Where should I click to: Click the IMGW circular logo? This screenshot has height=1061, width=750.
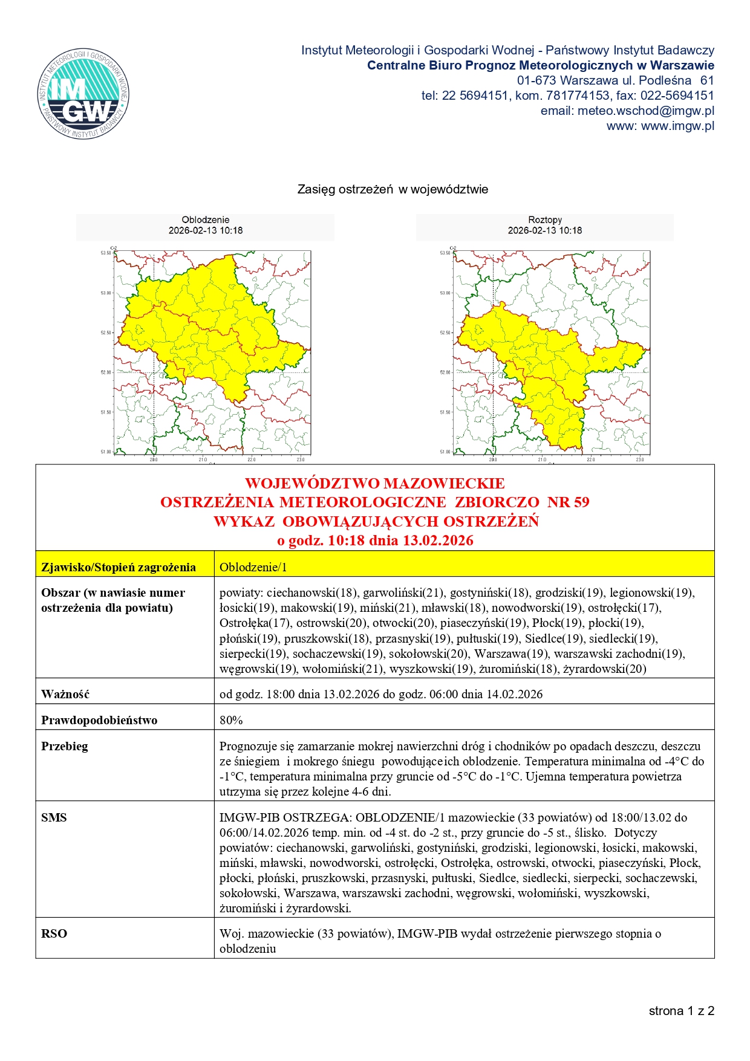[x=83, y=94]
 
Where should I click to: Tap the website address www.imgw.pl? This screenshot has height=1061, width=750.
[x=660, y=126]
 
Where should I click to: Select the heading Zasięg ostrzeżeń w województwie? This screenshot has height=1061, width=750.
[x=393, y=189]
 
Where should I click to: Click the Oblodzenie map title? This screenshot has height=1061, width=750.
[x=205, y=220]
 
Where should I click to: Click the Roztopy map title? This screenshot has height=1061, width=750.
[x=544, y=220]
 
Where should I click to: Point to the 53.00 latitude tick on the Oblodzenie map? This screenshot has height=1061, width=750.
[x=106, y=293]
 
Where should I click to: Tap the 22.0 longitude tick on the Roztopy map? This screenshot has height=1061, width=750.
[x=590, y=459]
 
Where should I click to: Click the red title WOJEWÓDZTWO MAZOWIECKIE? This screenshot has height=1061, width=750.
[x=374, y=484]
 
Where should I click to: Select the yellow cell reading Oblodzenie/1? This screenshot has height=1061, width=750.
[x=253, y=567]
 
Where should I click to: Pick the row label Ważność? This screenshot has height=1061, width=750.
[x=65, y=694]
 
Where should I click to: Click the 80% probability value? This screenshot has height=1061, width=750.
[x=231, y=720]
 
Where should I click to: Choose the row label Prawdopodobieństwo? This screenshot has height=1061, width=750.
[x=99, y=720]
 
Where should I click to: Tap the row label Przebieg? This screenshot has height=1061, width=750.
[x=65, y=746]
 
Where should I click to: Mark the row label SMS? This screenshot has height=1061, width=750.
[x=54, y=817]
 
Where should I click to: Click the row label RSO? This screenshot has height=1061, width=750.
[x=54, y=933]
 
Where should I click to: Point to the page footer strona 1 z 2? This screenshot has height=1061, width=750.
[x=681, y=1011]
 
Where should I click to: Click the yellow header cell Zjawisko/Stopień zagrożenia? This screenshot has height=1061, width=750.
[x=119, y=567]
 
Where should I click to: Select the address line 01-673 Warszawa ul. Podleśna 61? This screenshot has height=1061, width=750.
[x=615, y=80]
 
